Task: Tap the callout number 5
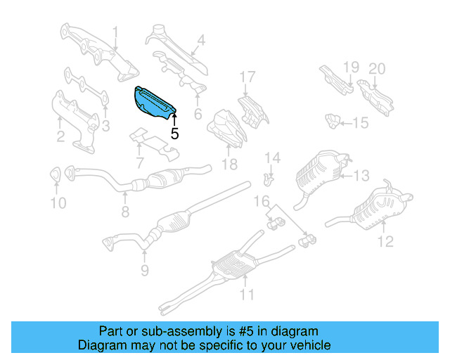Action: (x=174, y=131)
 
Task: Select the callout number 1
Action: (x=116, y=32)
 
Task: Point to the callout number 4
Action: (x=200, y=41)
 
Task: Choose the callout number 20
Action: (x=378, y=68)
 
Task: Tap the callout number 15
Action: (x=360, y=124)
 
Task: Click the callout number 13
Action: (x=361, y=175)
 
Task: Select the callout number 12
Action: (x=385, y=243)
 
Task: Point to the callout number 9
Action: (x=143, y=269)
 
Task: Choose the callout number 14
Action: (x=272, y=157)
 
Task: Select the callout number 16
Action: (x=261, y=202)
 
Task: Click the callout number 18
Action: (x=229, y=165)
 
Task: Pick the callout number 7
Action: (x=140, y=163)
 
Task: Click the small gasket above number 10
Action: (x=55, y=174)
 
